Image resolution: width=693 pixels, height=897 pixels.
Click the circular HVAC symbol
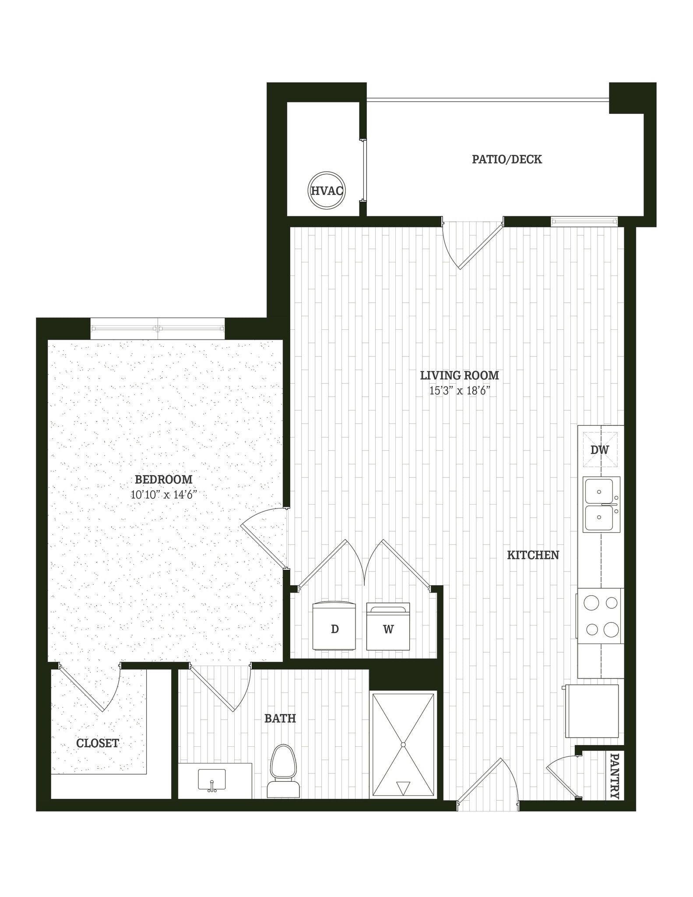[326, 190]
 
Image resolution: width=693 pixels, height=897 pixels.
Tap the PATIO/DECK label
[507, 159]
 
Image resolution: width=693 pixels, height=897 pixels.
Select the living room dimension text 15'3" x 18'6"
[459, 391]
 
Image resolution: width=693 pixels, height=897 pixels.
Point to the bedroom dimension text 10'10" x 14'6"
[164, 495]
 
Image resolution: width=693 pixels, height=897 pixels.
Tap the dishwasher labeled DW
[600, 450]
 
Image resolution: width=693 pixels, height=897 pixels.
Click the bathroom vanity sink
[212, 781]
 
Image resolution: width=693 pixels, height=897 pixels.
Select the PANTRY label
[615, 776]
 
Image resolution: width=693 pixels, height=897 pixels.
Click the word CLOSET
[97, 743]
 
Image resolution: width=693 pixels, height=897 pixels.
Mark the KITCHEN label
[533, 555]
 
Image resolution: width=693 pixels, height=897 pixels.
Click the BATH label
[280, 718]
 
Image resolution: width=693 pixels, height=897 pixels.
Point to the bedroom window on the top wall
[158, 328]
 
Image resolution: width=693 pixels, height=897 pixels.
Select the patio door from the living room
[472, 244]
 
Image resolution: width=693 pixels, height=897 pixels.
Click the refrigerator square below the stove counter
[592, 711]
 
